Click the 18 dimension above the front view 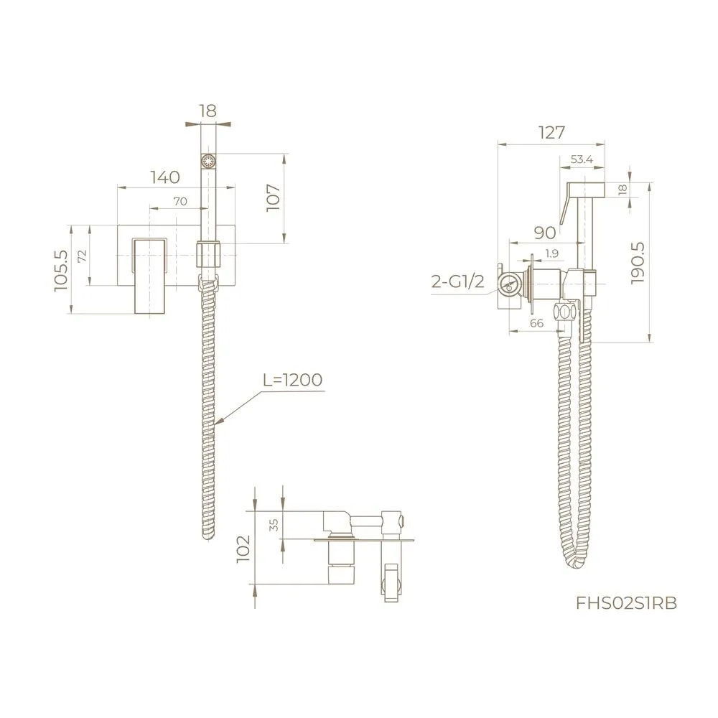point(208,111)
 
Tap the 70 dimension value point(179,202)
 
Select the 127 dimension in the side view point(550,132)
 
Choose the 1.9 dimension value point(551,253)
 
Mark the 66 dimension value point(536,324)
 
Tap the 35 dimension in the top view point(274,525)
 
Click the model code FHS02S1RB point(627,602)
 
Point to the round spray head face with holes point(208,161)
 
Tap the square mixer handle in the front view point(150,276)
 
